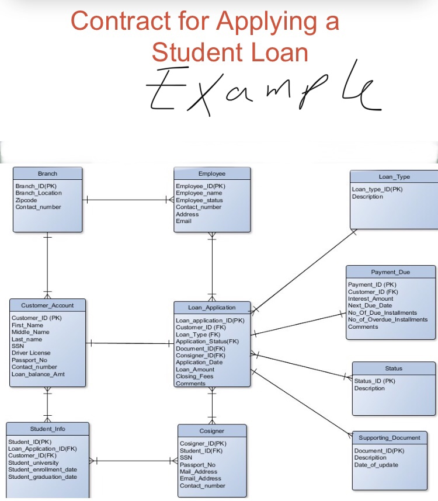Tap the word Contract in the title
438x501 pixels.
pos(120,21)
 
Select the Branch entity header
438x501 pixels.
pos(48,173)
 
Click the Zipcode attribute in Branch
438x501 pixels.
pos(26,200)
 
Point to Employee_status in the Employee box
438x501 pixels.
pos(199,200)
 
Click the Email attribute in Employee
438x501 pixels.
pos(184,221)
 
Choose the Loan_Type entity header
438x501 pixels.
pos(394,177)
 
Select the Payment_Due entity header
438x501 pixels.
pos(390,272)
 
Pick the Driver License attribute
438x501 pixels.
pos(31,353)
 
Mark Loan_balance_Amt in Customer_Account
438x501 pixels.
pos(38,374)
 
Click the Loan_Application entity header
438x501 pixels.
pos(212,307)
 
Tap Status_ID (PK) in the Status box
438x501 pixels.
pos(375,381)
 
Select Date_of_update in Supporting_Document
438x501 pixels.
pos(376,465)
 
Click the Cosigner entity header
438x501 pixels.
pos(212,431)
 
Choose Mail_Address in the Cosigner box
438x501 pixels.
pos(199,471)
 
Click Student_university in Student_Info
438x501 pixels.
pos(33,462)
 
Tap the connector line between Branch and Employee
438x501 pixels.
pos(128,200)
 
